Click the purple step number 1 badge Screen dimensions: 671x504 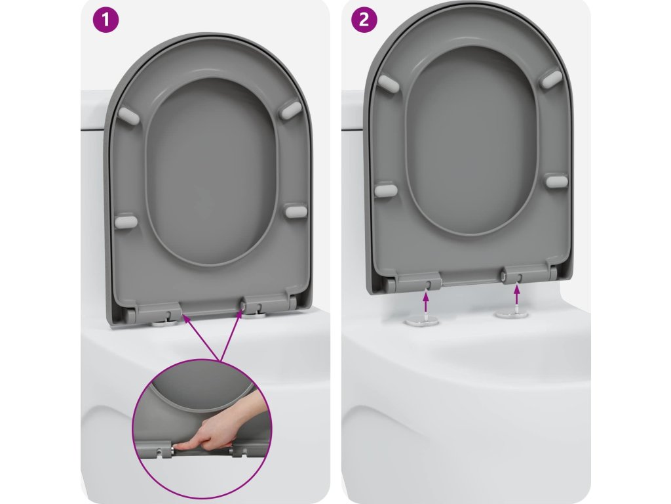click(x=105, y=20)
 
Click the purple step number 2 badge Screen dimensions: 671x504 click(x=364, y=20)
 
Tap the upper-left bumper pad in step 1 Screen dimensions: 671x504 click(x=128, y=115)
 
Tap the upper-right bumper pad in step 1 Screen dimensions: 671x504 click(x=291, y=109)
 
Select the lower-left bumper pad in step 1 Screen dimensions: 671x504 click(x=126, y=222)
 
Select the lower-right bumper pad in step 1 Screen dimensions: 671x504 click(x=297, y=211)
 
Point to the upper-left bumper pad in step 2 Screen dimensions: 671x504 click(x=388, y=83)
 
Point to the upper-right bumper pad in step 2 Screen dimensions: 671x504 click(x=552, y=79)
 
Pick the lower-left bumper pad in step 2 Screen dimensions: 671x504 click(x=385, y=190)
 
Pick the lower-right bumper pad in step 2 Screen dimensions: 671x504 click(x=557, y=181)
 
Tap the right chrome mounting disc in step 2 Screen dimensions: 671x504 click(x=512, y=314)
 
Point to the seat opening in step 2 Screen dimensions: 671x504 click(x=471, y=142)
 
